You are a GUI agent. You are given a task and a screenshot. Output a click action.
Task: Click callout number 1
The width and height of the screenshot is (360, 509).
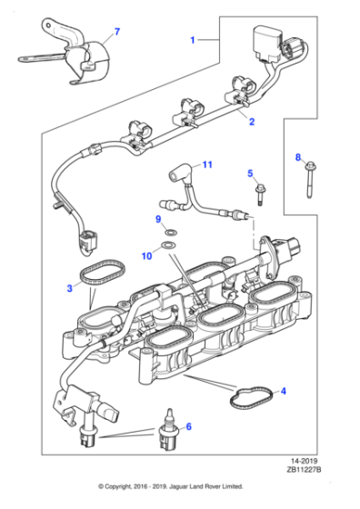click(x=193, y=41)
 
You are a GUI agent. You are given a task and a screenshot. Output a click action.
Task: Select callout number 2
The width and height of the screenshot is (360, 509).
click(x=252, y=121)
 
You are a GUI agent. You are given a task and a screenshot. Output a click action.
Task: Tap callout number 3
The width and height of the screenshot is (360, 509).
click(x=69, y=289)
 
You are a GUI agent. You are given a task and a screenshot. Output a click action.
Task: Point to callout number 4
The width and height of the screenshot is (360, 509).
click(x=283, y=392)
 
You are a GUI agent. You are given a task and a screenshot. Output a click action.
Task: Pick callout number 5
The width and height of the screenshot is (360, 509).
click(x=251, y=173)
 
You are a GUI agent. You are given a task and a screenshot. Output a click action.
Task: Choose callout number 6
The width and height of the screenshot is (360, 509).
click(x=188, y=426)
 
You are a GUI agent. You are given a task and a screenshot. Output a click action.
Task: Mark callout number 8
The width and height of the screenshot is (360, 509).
click(x=297, y=158)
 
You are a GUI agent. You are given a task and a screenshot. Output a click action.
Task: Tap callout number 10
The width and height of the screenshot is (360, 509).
click(x=147, y=257)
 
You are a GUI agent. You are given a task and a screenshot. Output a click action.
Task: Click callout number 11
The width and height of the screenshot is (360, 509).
click(x=206, y=165)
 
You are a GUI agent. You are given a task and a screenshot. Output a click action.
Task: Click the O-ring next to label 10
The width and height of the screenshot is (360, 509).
click(x=168, y=246)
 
